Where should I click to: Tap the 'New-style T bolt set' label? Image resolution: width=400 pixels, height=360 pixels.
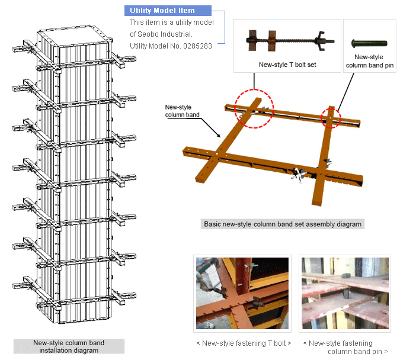[x=287, y=65]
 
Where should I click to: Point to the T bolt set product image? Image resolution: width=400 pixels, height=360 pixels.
[x=287, y=41]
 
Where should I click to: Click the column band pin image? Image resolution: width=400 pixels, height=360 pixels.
[x=369, y=43]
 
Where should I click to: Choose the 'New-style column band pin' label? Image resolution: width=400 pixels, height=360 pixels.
[x=369, y=61]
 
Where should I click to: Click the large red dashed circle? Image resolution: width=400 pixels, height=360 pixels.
[x=254, y=110]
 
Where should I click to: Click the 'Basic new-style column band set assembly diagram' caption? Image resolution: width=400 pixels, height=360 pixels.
[x=281, y=224]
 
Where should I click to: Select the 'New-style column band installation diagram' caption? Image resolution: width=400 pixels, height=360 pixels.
[x=69, y=346]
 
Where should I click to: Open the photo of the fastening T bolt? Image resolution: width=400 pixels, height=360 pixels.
[x=242, y=293]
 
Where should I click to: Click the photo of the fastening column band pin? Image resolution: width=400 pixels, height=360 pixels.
[x=344, y=293]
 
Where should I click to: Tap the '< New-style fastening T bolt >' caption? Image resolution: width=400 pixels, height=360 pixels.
[x=244, y=343]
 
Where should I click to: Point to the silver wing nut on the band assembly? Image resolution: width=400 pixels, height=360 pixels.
[x=299, y=174]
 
